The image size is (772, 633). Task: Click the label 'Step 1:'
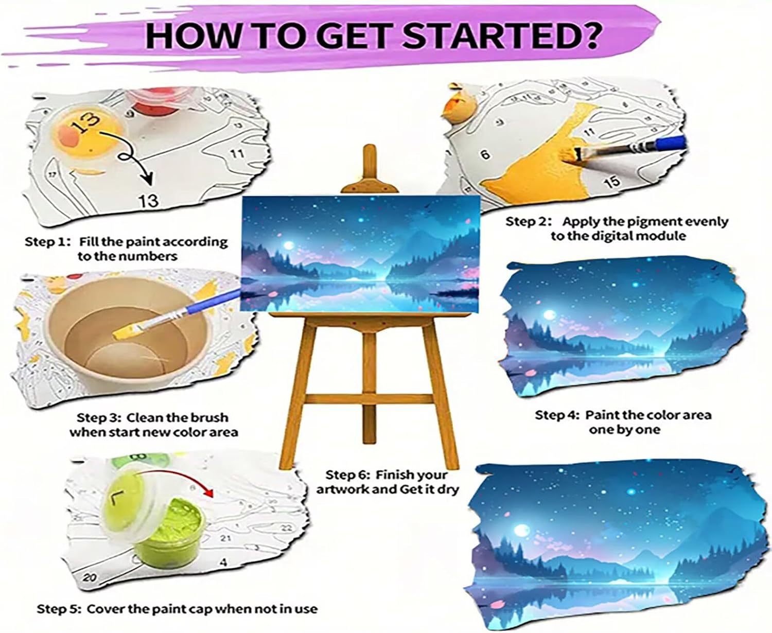pyautogui.click(x=47, y=242)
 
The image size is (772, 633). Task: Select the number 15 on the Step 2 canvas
pyautogui.click(x=611, y=182)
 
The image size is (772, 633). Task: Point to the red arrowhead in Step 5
pyautogui.click(x=208, y=493)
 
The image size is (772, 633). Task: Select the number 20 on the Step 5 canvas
pyautogui.click(x=90, y=578)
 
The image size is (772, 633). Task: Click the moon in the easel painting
pyautogui.click(x=289, y=245)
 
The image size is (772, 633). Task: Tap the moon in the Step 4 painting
pyautogui.click(x=549, y=314)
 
